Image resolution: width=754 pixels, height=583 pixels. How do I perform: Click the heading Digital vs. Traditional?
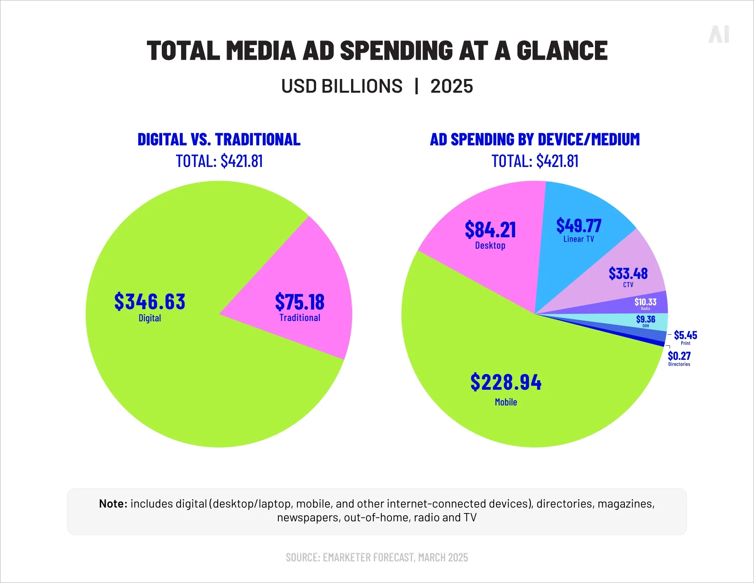pyautogui.click(x=219, y=140)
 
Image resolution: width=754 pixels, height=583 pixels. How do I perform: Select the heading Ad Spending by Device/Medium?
pyautogui.click(x=534, y=140)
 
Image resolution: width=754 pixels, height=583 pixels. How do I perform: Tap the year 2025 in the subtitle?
pyautogui.click(x=452, y=86)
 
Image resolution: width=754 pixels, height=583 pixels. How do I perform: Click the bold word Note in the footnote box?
pyautogui.click(x=113, y=504)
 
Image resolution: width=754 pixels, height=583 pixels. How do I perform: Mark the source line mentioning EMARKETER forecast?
pyautogui.click(x=377, y=557)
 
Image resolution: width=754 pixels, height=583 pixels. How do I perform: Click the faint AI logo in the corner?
pyautogui.click(x=719, y=35)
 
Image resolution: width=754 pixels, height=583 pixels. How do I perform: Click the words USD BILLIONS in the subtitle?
pyautogui.click(x=342, y=86)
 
